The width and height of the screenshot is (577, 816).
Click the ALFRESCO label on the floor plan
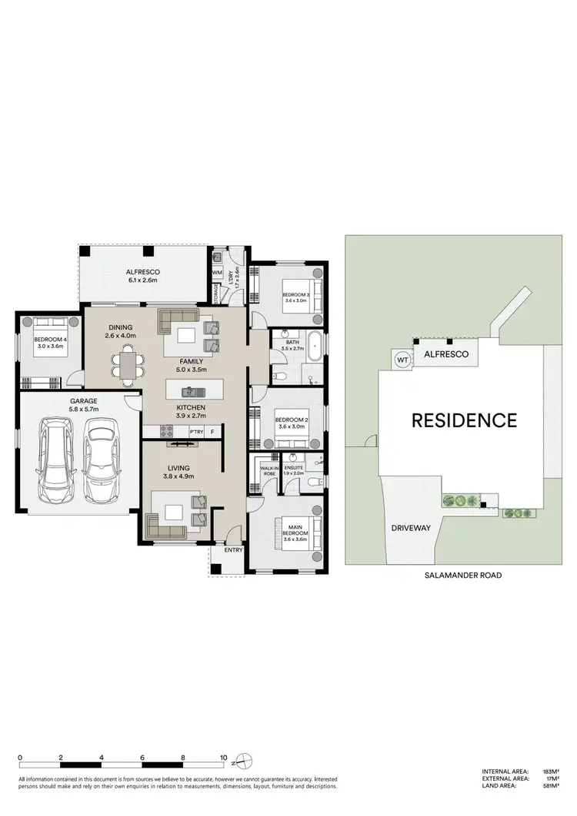pos(142,276)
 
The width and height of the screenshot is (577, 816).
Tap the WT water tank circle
pos(402,359)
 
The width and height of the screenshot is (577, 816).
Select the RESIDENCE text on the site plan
pos(463,420)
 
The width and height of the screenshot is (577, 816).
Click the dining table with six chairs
pos(127,363)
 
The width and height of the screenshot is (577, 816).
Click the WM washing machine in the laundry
pos(217,272)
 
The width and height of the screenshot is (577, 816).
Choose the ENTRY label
pos(232,550)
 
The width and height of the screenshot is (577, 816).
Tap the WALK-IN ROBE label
pos(269,470)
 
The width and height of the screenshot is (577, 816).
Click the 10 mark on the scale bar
pos(224,757)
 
